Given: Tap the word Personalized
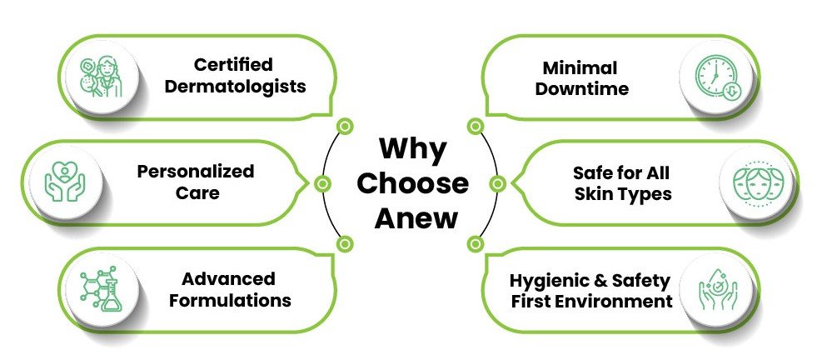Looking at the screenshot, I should point(196,172).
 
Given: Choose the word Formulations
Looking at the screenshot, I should point(230,299).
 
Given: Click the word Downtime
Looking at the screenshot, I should point(581,88).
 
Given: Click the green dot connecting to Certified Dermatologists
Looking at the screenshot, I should point(344,127).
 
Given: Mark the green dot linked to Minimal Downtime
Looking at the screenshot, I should point(476,127).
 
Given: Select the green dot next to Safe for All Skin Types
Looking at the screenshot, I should point(498,182).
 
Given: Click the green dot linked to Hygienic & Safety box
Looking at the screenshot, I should point(476,244).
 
